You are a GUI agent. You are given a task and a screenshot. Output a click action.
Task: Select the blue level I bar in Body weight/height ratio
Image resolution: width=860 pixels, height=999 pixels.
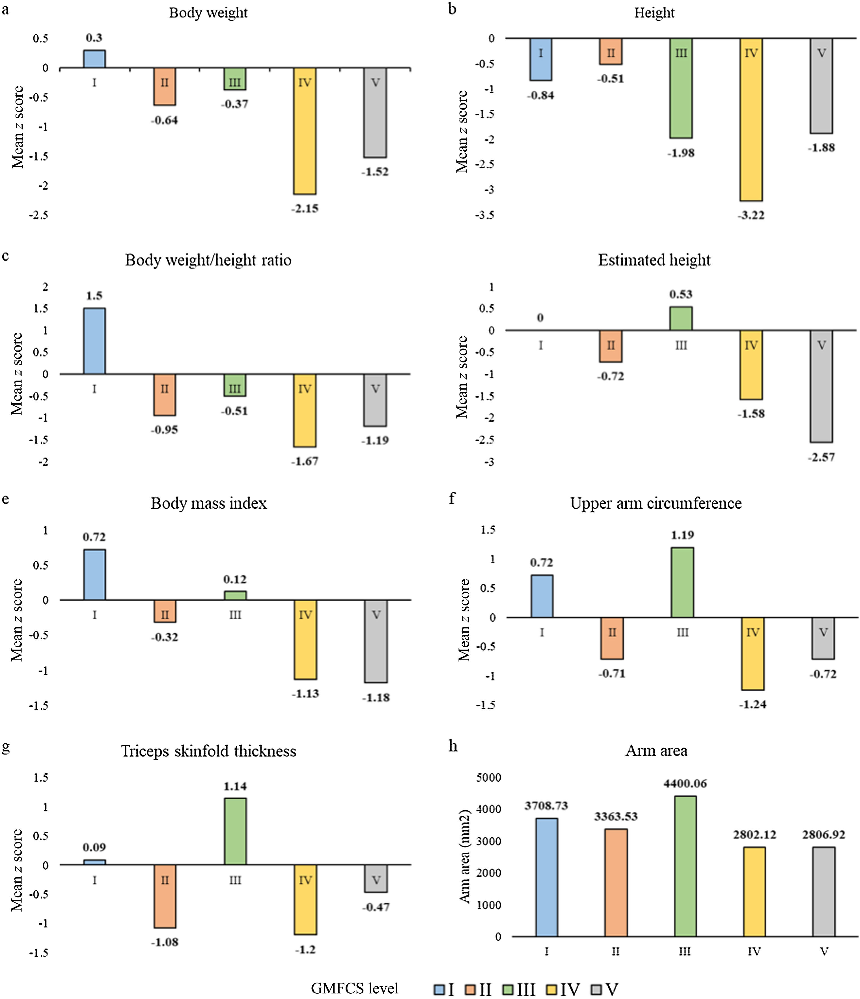point(94,341)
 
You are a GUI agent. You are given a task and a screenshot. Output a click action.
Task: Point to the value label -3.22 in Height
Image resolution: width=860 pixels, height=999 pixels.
point(751,215)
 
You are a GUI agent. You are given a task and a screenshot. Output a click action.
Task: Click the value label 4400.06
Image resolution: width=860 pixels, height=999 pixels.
point(685,783)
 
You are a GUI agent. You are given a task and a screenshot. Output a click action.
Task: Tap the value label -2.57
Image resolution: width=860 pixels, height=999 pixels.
point(822,457)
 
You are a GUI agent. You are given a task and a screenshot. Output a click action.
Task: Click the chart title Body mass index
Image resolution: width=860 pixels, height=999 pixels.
point(209,503)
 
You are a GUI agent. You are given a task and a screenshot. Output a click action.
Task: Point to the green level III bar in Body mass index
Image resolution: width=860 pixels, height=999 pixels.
point(235,596)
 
